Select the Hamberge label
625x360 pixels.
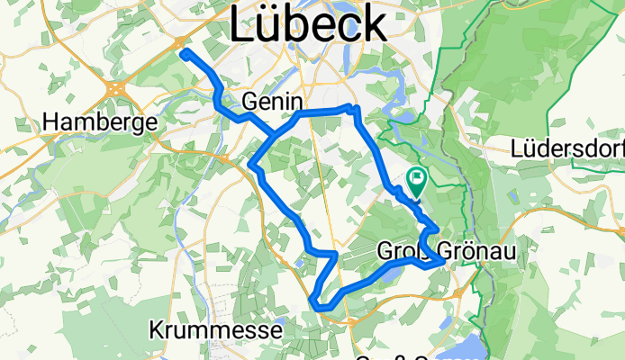(x=100, y=121)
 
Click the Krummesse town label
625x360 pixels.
(x=215, y=331)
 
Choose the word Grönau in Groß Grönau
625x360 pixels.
(x=476, y=251)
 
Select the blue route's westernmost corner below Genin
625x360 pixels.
(x=253, y=166)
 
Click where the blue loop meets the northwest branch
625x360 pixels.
(x=275, y=135)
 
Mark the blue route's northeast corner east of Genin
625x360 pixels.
(x=357, y=109)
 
